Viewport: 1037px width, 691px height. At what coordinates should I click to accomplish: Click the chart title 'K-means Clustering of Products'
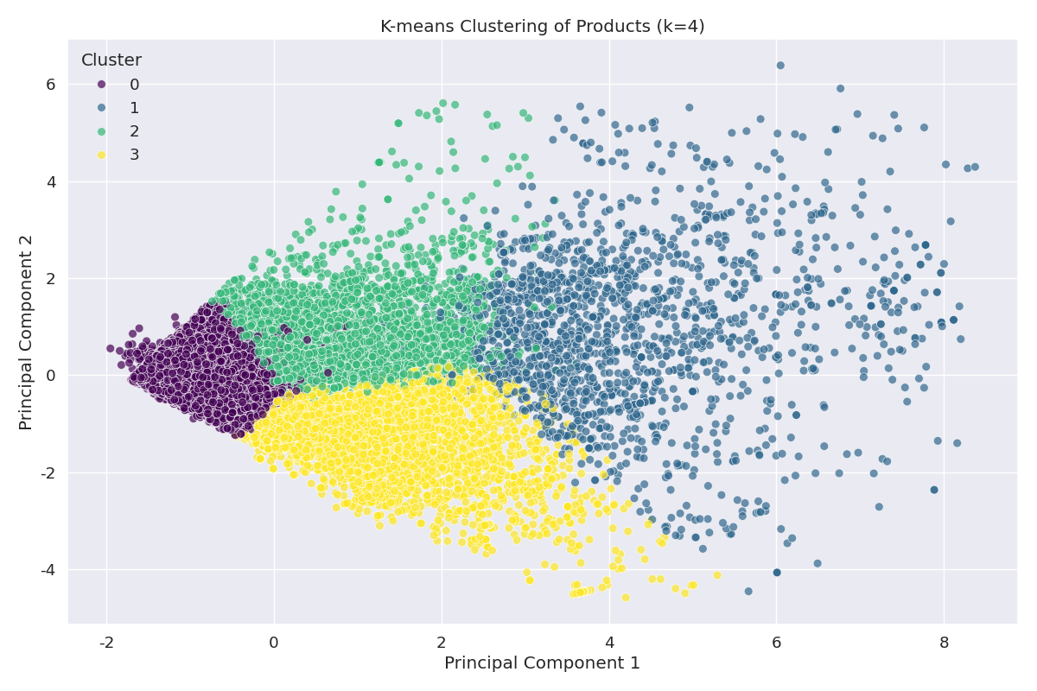tap(542, 27)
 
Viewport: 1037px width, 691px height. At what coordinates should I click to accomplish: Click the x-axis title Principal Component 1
tap(542, 662)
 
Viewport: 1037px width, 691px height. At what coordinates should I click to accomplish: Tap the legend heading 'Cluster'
tap(111, 60)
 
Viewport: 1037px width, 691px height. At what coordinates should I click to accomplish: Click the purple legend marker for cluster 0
tap(101, 85)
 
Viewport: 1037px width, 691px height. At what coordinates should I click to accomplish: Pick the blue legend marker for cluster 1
tap(101, 108)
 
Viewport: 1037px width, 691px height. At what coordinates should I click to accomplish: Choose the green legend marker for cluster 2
tap(101, 131)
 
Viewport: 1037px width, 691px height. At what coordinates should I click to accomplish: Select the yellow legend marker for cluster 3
tap(101, 155)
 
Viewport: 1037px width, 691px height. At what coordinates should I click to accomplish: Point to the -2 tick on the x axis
tap(106, 643)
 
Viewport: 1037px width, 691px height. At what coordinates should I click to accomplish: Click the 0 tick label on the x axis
tap(274, 643)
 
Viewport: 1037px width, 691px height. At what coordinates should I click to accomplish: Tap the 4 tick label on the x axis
tap(609, 643)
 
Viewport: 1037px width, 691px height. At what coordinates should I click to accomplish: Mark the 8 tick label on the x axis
tap(944, 643)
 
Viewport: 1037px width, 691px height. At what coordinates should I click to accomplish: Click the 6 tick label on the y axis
tap(50, 85)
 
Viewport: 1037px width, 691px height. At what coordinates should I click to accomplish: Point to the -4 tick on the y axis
tap(48, 570)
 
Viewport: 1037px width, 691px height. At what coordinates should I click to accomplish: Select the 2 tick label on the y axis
tap(50, 279)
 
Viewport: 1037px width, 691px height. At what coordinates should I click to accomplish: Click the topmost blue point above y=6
tap(780, 65)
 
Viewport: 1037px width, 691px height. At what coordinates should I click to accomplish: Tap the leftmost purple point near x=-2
tap(110, 349)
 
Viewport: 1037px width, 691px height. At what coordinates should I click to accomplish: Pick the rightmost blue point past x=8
tap(975, 167)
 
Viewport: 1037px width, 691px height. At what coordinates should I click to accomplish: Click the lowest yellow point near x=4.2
tap(626, 598)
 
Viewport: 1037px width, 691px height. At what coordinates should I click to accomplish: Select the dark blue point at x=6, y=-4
tap(777, 573)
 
